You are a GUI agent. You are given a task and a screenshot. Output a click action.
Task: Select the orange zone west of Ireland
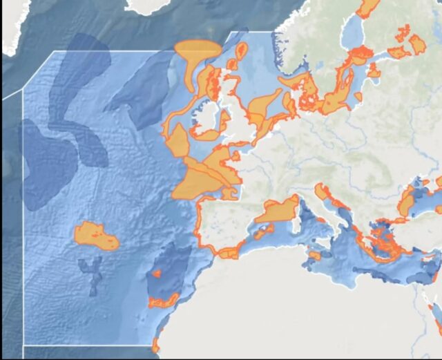coord(177,142)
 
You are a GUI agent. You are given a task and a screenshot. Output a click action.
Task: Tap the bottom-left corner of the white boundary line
coord(23,345)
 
